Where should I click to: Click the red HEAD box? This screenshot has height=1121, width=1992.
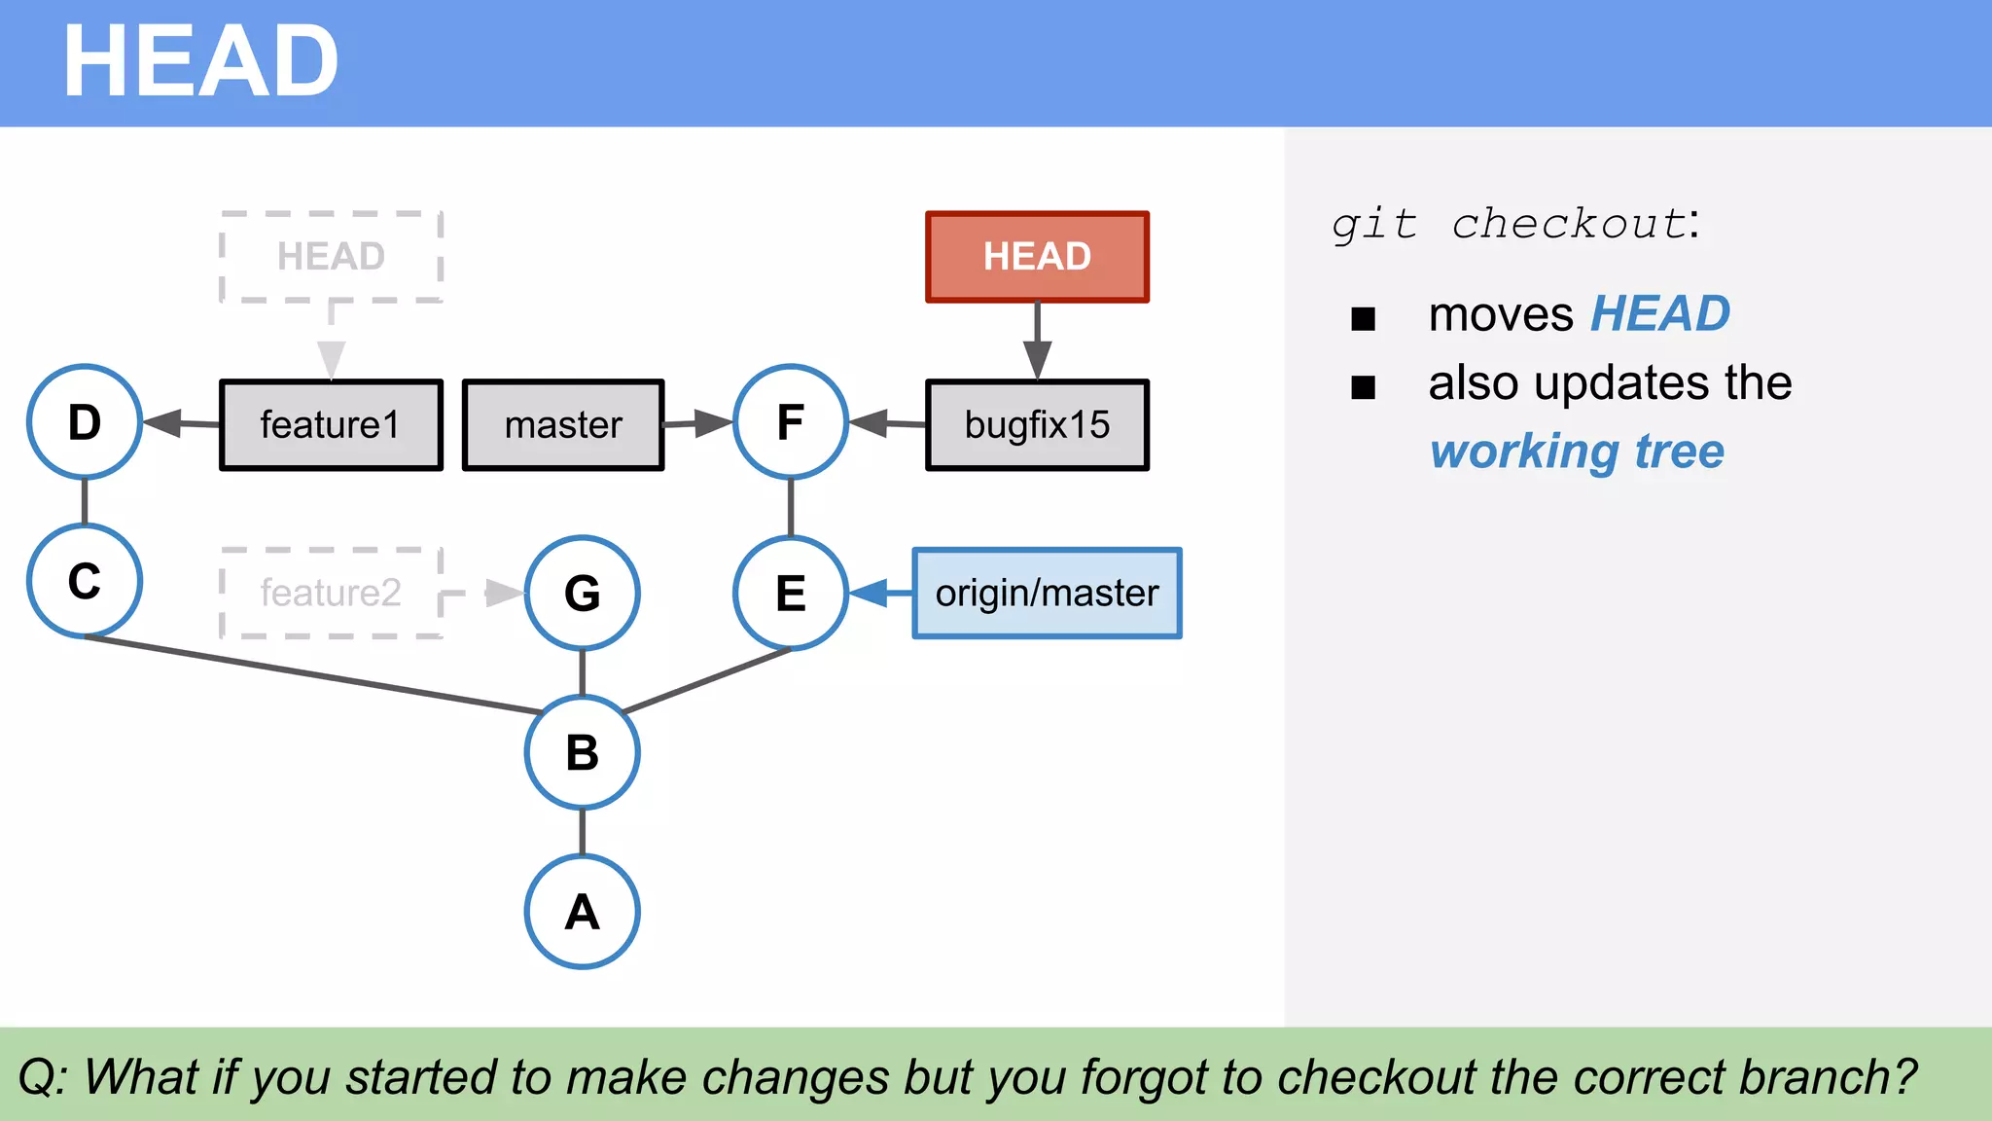coord(1037,257)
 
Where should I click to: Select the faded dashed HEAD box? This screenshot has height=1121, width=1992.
coord(332,257)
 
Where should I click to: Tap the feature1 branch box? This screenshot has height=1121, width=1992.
coord(331,425)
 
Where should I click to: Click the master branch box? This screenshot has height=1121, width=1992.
coord(563,425)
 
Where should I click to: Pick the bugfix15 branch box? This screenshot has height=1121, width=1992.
coord(1037,425)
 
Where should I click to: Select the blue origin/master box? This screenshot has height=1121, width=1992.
coord(1047,594)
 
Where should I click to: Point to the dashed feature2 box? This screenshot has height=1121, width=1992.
coord(332,593)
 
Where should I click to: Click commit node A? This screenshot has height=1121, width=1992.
coord(582,912)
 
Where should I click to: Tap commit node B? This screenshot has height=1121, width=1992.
coord(582,752)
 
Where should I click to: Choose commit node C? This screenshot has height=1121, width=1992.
coord(85,581)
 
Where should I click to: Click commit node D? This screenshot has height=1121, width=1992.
coord(85,422)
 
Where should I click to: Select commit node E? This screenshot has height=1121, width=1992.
coord(791,593)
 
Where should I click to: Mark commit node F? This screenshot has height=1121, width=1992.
coord(791,422)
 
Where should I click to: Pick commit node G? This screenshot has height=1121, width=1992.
coord(582,593)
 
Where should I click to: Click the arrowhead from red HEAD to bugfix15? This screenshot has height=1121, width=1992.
coord(1037,359)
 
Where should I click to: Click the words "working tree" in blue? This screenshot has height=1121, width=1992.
coord(1577,452)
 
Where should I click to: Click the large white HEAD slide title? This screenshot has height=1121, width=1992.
coord(200,62)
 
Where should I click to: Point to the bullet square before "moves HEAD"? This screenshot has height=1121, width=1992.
coord(1363,318)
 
